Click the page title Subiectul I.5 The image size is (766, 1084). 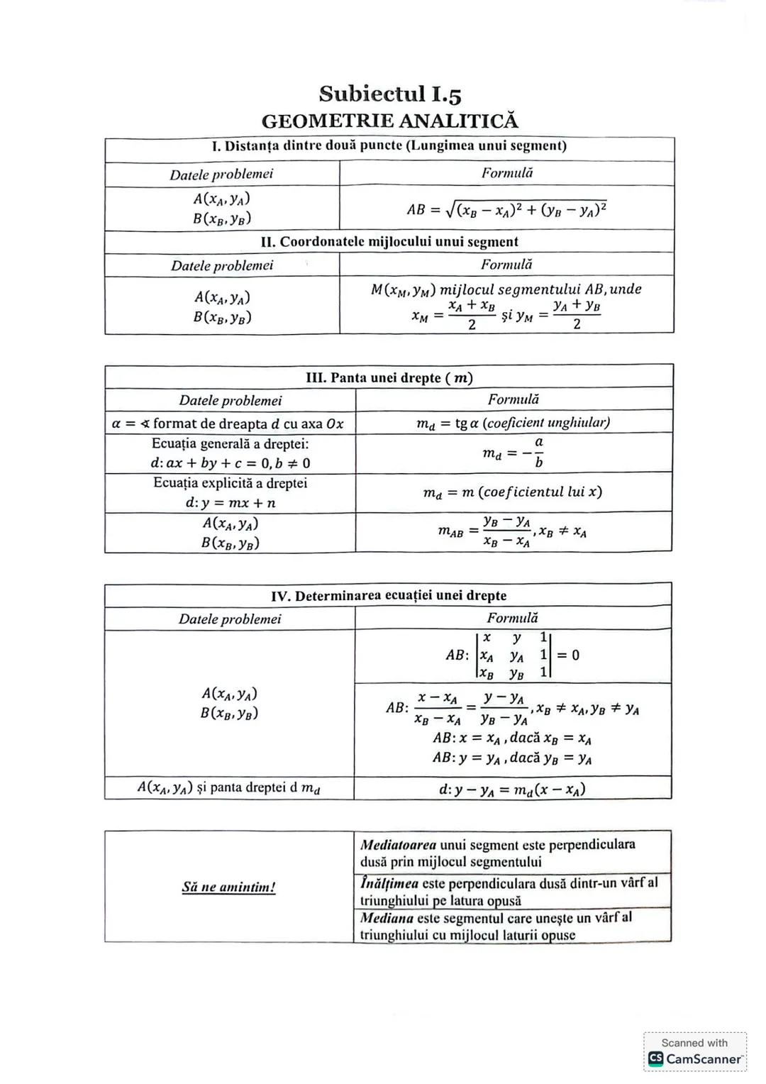(389, 94)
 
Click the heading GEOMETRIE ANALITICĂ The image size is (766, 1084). (389, 121)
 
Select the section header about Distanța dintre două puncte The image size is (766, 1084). (389, 146)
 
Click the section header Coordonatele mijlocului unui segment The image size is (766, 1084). (389, 242)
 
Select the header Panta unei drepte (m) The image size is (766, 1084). (389, 377)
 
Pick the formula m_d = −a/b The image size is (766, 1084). (514, 453)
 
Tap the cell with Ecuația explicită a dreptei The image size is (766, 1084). (230, 492)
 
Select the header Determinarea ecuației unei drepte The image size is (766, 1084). (389, 596)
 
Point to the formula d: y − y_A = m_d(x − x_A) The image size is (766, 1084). (512, 789)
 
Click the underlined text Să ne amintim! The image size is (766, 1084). (228, 887)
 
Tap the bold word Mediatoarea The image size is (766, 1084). (398, 845)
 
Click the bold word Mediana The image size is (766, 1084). (387, 918)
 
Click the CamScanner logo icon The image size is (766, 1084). (655, 1059)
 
